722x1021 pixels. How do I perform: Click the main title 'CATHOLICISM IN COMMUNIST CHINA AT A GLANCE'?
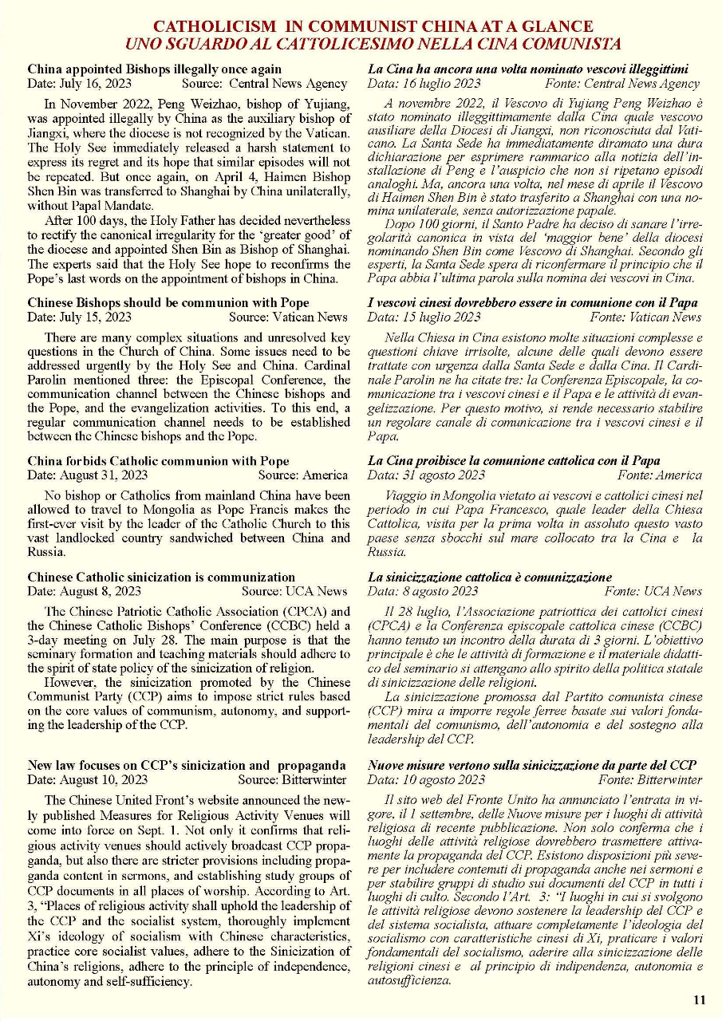point(373,27)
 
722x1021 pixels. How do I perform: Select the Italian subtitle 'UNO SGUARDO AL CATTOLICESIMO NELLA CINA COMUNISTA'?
point(373,44)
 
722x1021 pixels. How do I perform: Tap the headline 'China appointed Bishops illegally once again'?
point(154,69)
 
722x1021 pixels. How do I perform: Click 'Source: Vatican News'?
point(288,317)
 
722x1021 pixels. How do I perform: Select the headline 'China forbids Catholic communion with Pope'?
point(158,461)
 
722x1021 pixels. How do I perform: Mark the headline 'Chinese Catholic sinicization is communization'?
point(161,577)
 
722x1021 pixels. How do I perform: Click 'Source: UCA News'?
point(294,591)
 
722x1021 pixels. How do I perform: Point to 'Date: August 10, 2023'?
point(88,779)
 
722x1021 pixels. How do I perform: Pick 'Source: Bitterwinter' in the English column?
point(292,779)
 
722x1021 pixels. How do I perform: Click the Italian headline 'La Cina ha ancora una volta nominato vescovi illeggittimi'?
point(527,69)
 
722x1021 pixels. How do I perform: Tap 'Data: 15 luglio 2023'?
point(424,317)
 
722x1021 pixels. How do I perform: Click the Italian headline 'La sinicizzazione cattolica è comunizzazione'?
point(490,577)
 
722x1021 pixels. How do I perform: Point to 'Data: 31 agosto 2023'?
point(426,475)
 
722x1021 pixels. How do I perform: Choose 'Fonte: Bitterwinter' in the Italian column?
point(650,779)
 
